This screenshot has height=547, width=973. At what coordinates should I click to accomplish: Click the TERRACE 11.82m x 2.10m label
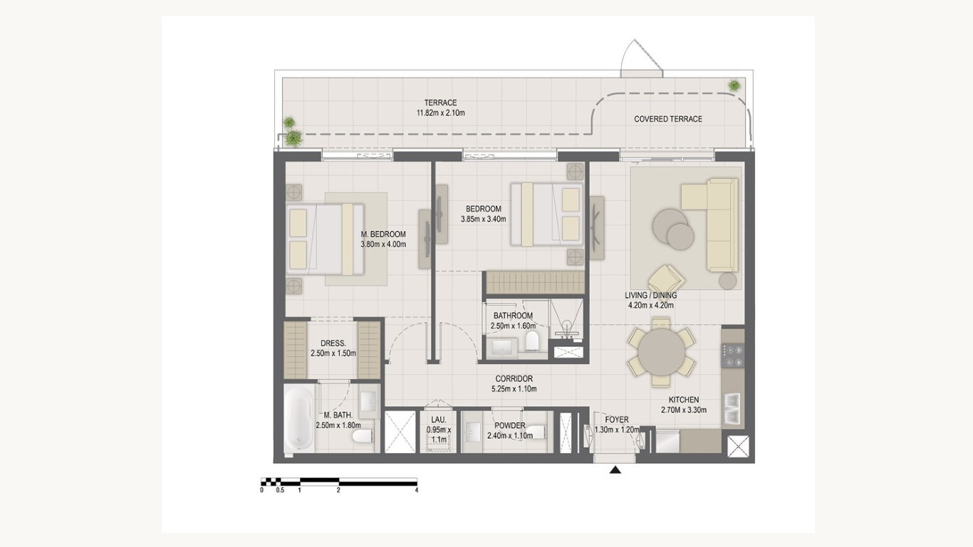click(440, 108)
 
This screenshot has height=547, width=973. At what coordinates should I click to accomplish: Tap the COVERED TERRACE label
click(668, 119)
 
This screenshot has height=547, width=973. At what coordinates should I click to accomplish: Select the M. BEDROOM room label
click(383, 234)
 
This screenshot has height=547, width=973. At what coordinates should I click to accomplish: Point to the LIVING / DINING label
click(651, 296)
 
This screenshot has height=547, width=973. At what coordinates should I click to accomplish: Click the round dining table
click(661, 351)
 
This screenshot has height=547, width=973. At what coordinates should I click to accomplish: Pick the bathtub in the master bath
click(299, 420)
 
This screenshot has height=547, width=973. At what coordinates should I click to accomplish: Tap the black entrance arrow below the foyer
click(615, 469)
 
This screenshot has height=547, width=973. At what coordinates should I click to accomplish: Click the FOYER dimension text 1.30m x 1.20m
click(617, 429)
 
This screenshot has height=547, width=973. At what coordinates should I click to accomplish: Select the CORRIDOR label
click(514, 379)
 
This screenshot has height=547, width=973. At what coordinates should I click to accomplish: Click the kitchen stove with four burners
click(733, 356)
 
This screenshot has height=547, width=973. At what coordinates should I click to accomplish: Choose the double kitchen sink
click(733, 408)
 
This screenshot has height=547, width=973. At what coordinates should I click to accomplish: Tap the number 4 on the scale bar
click(417, 490)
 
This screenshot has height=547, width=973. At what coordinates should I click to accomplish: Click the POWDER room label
click(509, 426)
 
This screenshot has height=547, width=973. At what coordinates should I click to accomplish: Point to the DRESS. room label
click(333, 343)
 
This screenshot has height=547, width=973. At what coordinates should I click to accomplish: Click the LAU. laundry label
click(439, 420)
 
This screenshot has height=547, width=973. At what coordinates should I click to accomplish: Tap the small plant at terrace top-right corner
click(734, 85)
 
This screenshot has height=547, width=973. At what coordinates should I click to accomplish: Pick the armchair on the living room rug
click(666, 279)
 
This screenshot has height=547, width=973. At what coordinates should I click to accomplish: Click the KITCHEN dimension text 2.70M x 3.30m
click(684, 410)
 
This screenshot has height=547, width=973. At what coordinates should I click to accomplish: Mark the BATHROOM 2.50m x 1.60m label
click(513, 321)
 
